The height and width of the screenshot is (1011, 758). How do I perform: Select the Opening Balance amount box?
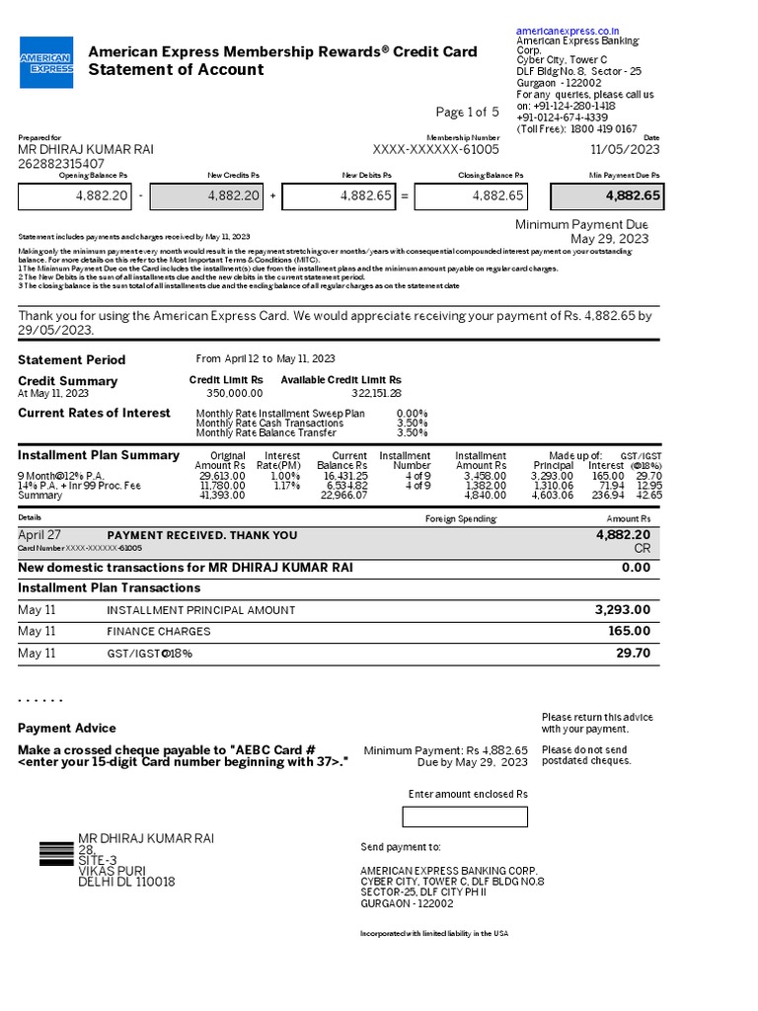click(x=75, y=196)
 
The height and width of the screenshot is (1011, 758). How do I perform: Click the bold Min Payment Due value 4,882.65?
click(x=606, y=196)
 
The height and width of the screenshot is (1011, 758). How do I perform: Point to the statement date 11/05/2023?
click(x=625, y=149)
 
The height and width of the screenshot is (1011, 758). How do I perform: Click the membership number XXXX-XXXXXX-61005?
click(x=435, y=149)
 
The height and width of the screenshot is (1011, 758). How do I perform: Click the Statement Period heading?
click(x=72, y=359)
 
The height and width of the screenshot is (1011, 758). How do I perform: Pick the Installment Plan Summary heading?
click(x=99, y=455)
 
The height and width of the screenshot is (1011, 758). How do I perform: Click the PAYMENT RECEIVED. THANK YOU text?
click(x=201, y=535)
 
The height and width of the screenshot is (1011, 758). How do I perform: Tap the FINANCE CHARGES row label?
click(x=158, y=632)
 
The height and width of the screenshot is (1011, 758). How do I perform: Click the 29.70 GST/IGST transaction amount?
click(x=633, y=654)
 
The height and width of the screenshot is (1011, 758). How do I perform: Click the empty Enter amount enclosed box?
click(x=465, y=817)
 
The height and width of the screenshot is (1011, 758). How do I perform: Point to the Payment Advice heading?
click(x=67, y=728)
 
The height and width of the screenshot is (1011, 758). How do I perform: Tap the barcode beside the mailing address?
click(x=56, y=853)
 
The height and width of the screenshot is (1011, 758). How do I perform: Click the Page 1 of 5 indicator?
click(x=467, y=113)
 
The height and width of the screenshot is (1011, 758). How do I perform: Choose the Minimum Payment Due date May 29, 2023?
click(x=610, y=239)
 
